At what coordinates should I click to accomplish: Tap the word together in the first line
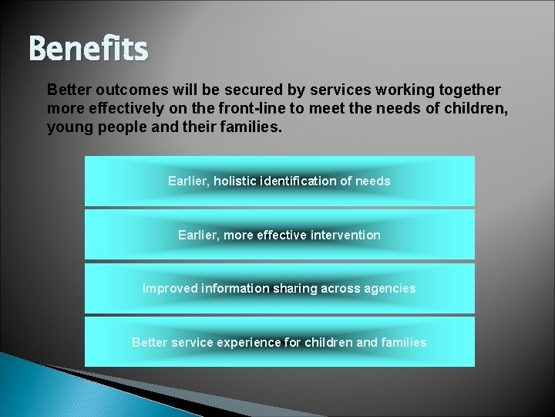466,90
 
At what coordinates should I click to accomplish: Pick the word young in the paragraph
67,126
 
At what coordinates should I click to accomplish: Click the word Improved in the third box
170,288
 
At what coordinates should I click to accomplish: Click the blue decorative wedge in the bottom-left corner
39,386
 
